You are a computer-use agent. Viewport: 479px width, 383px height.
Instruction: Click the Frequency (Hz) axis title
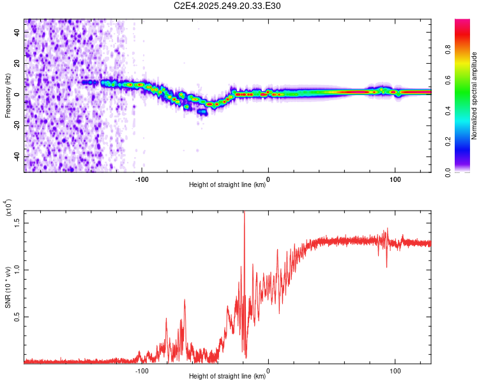[x=8, y=96]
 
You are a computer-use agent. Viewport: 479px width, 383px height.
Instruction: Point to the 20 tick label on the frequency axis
[x=17, y=64]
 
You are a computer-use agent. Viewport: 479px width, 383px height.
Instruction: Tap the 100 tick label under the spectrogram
[x=395, y=178]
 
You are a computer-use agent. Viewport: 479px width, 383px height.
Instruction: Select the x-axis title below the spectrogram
[x=227, y=185]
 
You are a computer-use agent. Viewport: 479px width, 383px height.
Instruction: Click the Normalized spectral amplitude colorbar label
[x=475, y=96]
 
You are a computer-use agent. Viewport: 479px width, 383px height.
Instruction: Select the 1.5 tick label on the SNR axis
[x=17, y=222]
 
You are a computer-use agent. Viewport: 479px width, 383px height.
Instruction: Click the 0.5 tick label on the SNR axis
[x=17, y=317]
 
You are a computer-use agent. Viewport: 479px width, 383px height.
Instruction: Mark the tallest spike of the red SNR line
[x=244, y=213]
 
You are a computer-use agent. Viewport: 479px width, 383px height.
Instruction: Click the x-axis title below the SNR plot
[x=227, y=377]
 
